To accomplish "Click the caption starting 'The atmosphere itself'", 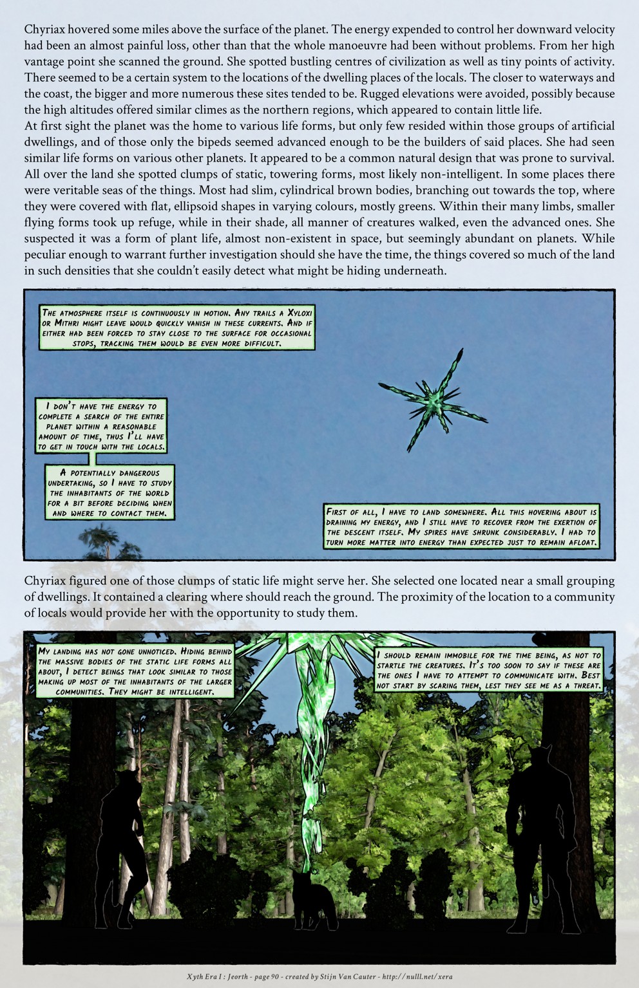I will (x=176, y=328).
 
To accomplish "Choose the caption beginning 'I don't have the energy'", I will (x=101, y=425).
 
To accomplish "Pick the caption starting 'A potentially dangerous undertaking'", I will (x=110, y=493).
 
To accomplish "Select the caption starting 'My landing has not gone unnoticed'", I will (x=135, y=671).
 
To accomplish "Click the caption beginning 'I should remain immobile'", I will (x=488, y=670).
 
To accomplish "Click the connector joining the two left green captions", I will (x=95, y=458).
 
